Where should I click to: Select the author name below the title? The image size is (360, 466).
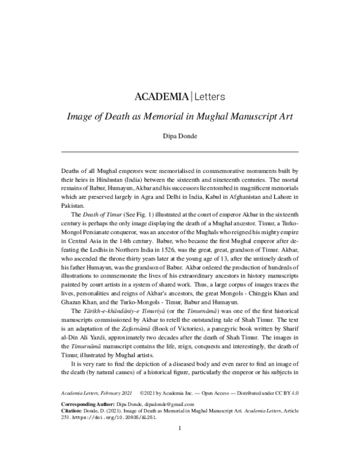180,136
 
